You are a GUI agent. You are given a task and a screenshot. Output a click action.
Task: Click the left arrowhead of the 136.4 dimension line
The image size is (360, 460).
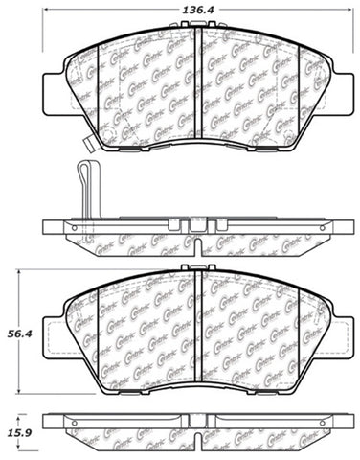tap(47, 20)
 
